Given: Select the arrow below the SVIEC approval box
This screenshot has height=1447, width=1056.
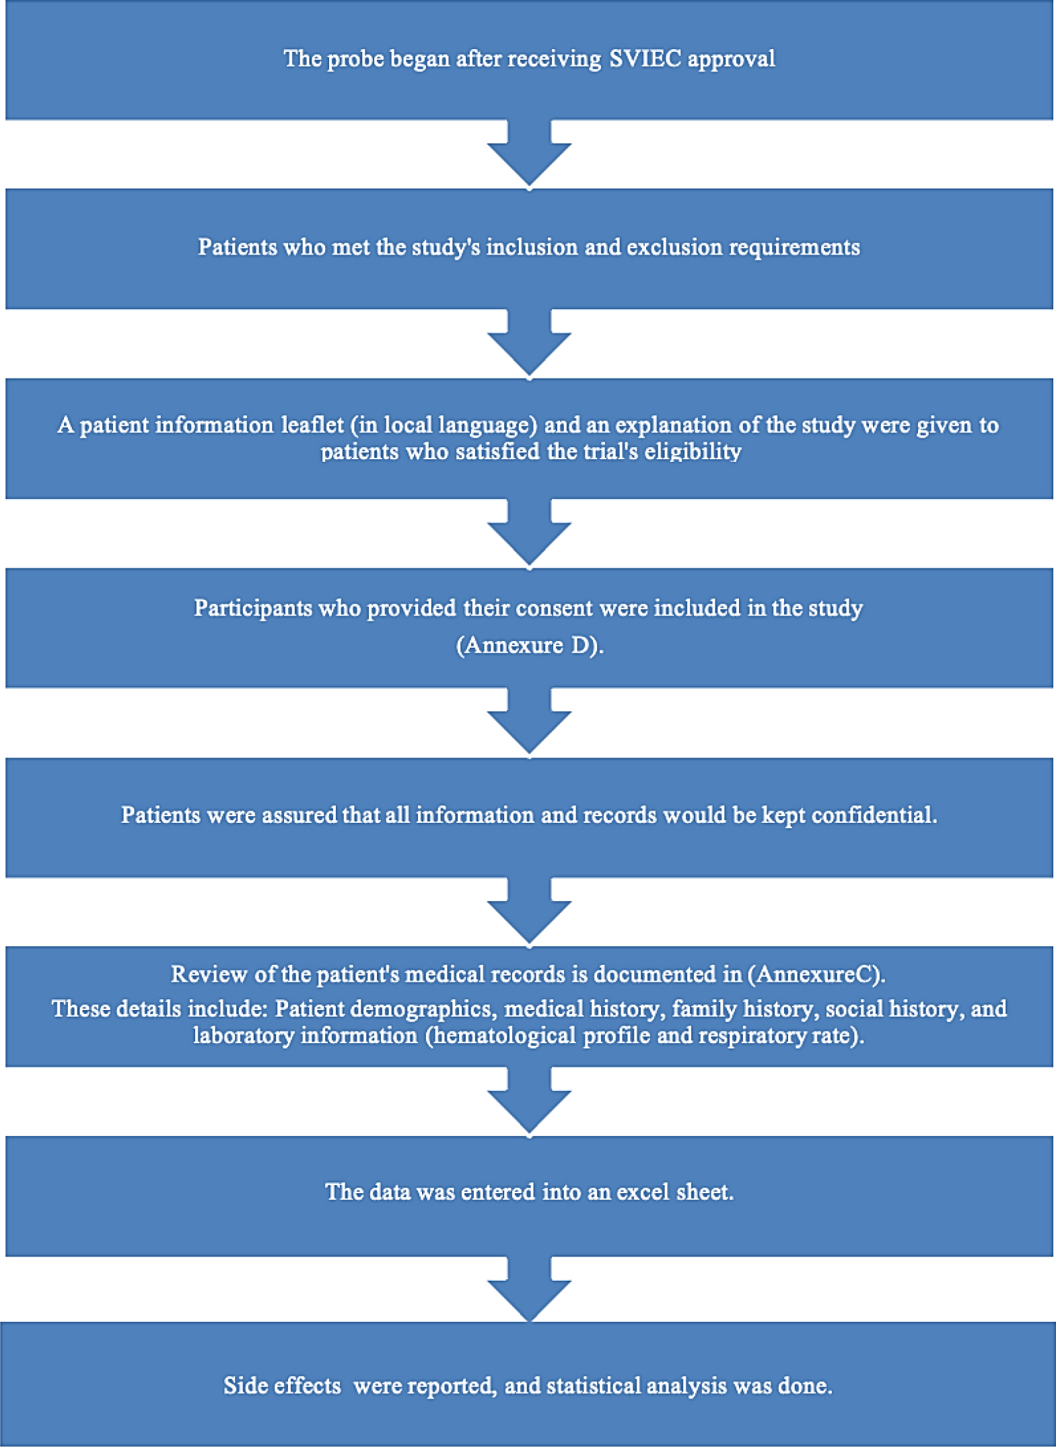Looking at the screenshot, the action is coord(529,154).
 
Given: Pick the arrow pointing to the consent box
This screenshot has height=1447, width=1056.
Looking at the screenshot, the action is coord(529,533).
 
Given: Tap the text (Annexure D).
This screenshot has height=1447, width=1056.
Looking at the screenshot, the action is coord(530,645).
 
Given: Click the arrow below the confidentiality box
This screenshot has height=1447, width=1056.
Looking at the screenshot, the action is coord(529,911).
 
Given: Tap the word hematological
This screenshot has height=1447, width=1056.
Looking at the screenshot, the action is coord(504,1036).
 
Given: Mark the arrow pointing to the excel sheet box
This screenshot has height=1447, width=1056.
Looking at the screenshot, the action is coord(529,1101).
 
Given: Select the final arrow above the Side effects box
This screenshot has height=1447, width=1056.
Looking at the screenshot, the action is coord(529,1289).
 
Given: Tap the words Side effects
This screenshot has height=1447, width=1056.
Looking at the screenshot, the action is coord(282,1386).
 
